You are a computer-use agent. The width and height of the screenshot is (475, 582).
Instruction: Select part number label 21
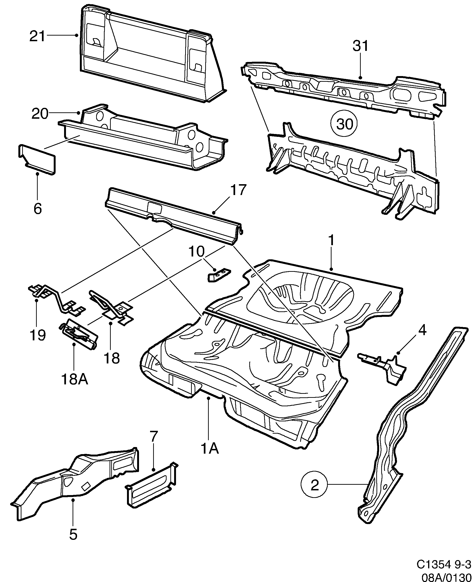coord(37,36)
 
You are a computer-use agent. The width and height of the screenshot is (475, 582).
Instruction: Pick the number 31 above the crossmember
coord(361,46)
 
